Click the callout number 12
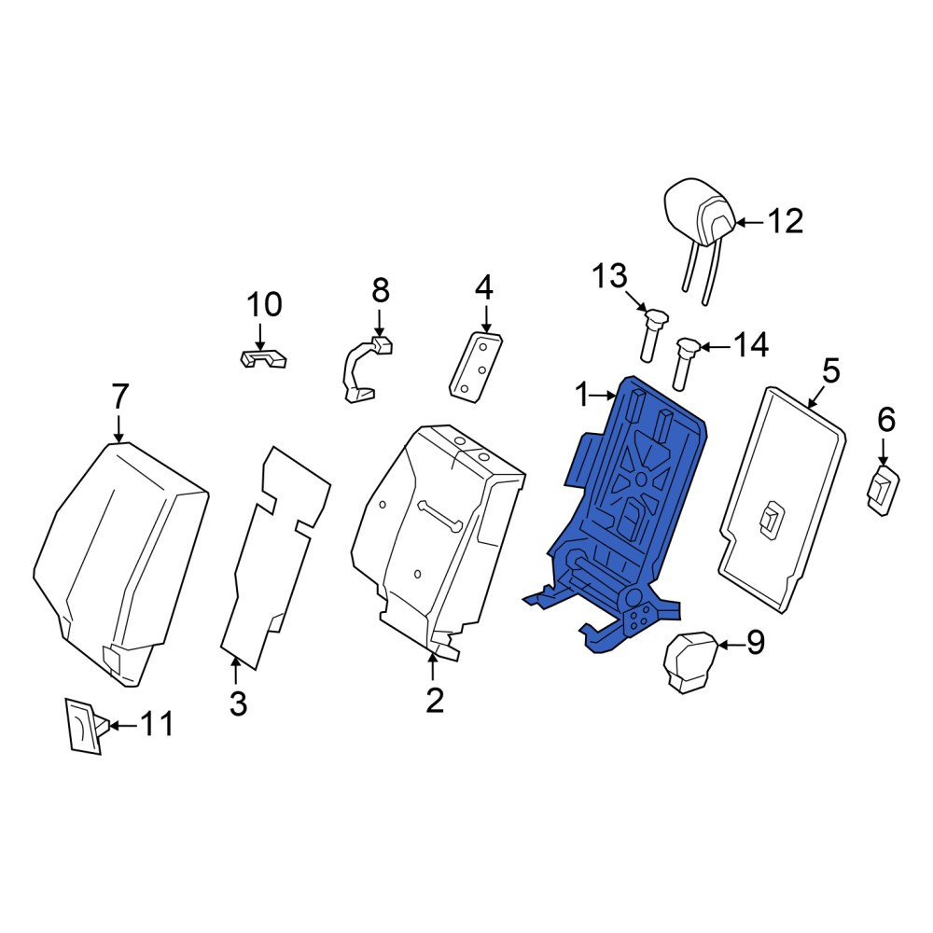[786, 221]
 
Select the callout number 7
[119, 397]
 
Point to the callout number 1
[582, 395]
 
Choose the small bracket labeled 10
[262, 359]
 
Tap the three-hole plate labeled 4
[476, 368]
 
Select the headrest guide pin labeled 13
[652, 335]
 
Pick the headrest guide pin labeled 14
[684, 362]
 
